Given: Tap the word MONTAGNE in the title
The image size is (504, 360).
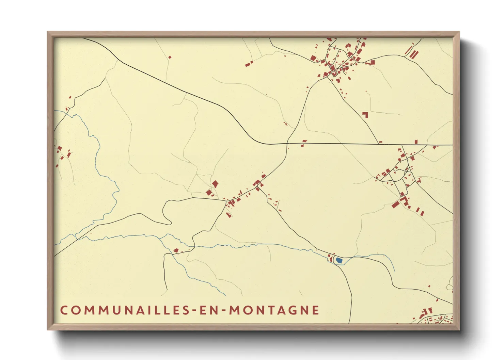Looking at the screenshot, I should click(x=274, y=310).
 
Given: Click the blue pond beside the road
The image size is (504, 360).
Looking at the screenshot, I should click(x=339, y=261).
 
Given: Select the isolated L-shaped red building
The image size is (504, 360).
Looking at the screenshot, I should click(x=365, y=115).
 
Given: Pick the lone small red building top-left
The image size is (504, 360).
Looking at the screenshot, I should click(x=170, y=57).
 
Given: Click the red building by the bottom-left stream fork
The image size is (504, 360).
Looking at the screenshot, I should click(x=176, y=251).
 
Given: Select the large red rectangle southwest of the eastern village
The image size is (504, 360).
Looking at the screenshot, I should click(x=395, y=204).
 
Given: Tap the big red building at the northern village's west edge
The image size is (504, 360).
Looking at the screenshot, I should click(x=313, y=58).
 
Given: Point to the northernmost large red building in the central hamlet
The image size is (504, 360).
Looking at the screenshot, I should click(x=215, y=184).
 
